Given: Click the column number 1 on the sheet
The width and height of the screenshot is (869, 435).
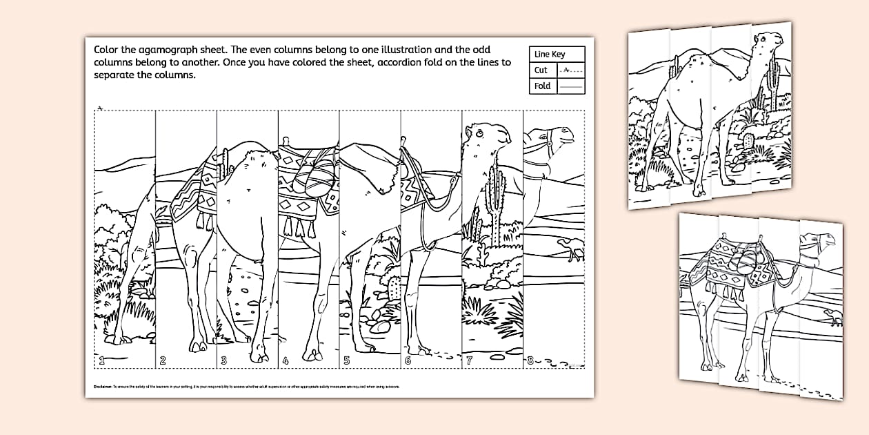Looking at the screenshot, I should point(101,360).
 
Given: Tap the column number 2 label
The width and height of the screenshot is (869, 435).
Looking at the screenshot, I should point(163,360).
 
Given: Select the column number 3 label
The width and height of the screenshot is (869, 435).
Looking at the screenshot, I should point(223,360).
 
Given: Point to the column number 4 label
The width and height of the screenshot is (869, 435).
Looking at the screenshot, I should point(285,360).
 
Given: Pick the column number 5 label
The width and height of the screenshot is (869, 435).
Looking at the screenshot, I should point(346,360).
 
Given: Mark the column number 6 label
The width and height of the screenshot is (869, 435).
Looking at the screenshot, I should point(408,360).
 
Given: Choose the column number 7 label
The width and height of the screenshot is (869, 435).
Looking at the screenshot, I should point(469,360).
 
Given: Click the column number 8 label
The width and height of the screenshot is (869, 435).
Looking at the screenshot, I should point(530,360).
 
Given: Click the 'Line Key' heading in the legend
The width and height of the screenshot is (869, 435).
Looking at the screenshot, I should point(550,54).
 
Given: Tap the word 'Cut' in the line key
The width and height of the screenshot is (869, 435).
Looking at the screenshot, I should point(541,70).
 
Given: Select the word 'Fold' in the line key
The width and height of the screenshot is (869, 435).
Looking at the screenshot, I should point(542,86).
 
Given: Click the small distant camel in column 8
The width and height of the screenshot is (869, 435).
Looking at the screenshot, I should point(571,249).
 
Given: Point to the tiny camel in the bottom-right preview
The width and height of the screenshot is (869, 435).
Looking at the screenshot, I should point(833,318).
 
